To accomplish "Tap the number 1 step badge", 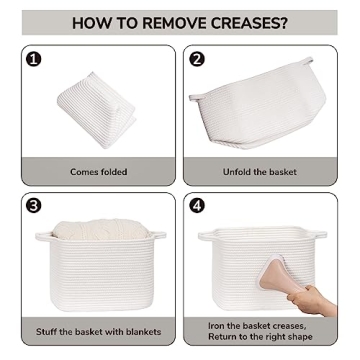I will click(34, 59).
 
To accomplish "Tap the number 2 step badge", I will click(197, 59).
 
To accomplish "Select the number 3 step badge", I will click(34, 205).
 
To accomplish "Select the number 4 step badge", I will click(197, 205).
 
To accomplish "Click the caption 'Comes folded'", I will click(98, 172).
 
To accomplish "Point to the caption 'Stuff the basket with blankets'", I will click(98, 331).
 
